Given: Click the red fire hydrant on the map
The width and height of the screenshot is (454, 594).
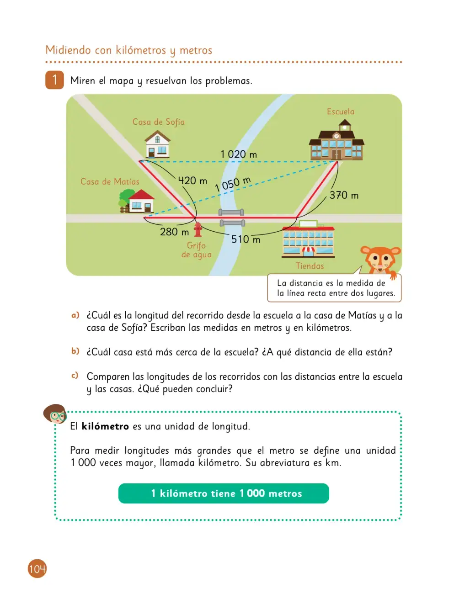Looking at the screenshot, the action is (x=198, y=229).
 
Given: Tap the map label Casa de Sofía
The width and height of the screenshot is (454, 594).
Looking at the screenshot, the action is (x=159, y=122).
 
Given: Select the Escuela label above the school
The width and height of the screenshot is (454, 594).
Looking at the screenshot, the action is (x=341, y=111).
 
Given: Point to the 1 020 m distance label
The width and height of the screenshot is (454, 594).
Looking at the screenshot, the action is (x=239, y=154).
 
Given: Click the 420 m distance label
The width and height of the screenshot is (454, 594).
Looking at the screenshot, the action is (x=192, y=180).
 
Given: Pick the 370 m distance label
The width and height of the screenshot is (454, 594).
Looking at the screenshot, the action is (x=344, y=195).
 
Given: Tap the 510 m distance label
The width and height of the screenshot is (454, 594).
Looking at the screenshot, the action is (x=246, y=239).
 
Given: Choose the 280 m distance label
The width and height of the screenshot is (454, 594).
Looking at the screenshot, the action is (x=174, y=232).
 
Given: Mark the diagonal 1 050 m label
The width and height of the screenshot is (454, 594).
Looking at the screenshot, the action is (x=233, y=184).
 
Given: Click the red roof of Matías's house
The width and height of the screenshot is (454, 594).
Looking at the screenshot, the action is (x=141, y=195).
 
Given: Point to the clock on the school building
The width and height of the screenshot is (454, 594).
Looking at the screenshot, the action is (x=336, y=136).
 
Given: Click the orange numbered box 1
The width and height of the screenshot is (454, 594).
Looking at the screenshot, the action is (x=55, y=80).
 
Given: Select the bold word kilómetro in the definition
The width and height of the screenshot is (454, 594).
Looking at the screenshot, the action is (x=105, y=426).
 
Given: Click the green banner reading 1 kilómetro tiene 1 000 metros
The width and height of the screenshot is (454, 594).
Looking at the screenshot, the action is (x=224, y=493).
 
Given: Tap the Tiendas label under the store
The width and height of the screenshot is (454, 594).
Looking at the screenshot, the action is (x=310, y=266).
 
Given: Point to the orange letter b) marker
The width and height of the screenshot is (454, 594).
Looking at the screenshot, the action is (x=75, y=351).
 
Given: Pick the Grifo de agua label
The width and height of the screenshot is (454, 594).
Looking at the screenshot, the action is (x=196, y=250).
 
